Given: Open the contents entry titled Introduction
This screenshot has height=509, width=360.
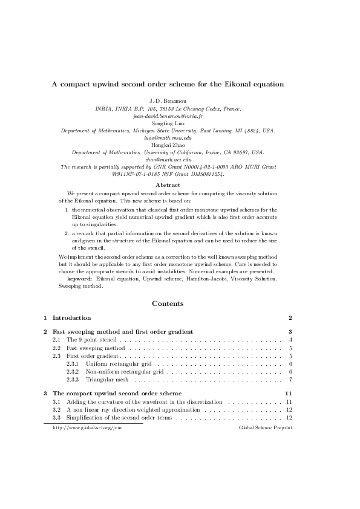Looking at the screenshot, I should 71,318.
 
